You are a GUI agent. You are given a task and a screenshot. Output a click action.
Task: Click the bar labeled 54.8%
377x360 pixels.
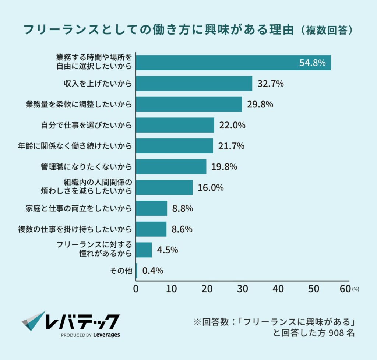[x=233, y=63]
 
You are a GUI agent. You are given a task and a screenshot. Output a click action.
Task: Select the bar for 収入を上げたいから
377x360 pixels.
[x=194, y=84]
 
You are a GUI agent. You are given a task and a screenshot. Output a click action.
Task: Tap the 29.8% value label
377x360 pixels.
[x=260, y=105]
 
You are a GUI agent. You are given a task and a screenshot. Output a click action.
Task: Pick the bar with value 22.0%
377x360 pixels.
[x=175, y=125]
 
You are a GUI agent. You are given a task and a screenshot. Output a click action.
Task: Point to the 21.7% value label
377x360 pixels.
[x=232, y=146]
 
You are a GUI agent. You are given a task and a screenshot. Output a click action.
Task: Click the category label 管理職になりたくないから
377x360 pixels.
[x=86, y=167]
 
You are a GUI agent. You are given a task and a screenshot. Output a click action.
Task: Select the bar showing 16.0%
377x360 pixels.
[x=164, y=187]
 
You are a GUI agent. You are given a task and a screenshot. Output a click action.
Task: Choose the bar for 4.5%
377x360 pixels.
[x=144, y=250]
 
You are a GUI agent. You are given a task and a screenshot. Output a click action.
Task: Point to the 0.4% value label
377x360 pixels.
[x=152, y=271]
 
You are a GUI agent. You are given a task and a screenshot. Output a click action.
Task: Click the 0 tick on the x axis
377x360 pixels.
[x=136, y=289]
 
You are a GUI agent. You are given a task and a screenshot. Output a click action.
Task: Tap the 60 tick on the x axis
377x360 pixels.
[x=345, y=289]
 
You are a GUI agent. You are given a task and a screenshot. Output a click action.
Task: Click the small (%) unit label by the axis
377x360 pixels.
[x=356, y=290]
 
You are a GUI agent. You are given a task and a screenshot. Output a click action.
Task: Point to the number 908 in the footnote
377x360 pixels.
[x=335, y=335]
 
